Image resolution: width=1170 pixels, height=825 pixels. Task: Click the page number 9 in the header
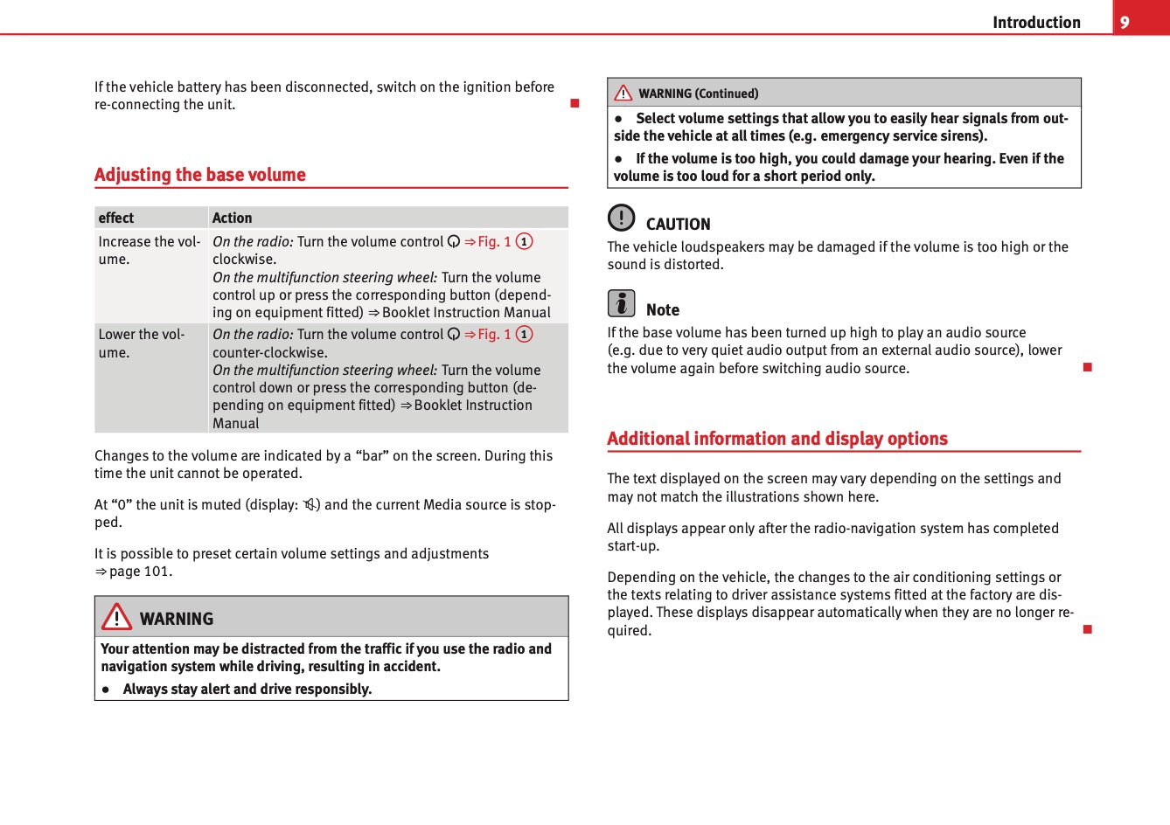pos(1125,22)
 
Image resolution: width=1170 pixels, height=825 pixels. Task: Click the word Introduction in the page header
pos(1036,23)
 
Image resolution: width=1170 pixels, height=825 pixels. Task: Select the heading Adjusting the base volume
pos(200,175)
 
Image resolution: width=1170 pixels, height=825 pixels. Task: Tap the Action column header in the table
pos(232,218)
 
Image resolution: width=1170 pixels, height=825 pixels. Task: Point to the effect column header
pos(116,218)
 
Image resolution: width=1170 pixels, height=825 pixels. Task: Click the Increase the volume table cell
pos(150,250)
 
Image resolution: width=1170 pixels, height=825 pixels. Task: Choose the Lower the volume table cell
pos(142,343)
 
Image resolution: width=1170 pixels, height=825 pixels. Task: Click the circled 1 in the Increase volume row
pos(525,242)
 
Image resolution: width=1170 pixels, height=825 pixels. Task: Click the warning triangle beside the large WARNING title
pos(116,617)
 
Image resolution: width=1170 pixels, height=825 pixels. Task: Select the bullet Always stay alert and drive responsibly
pos(247,690)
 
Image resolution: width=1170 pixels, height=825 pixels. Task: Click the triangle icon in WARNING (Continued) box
pos(623,93)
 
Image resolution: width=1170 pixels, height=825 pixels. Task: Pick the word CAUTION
pos(678,225)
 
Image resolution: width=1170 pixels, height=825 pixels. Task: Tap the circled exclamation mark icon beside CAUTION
pos(621,217)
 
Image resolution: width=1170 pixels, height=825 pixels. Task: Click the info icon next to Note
pos(621,303)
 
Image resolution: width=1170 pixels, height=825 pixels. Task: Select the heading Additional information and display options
pos(777,439)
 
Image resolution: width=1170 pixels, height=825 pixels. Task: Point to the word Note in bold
pos(663,310)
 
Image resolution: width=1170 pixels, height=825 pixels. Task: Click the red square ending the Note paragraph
pos(1088,367)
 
